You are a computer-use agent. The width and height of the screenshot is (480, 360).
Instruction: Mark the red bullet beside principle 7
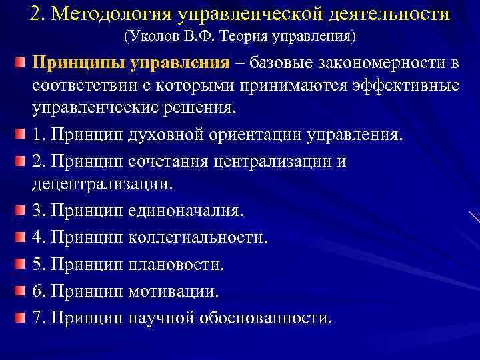tap(20, 316)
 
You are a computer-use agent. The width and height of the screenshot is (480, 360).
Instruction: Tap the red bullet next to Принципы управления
tap(20, 63)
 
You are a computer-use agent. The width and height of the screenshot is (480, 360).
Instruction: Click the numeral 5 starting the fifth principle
tap(37, 264)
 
